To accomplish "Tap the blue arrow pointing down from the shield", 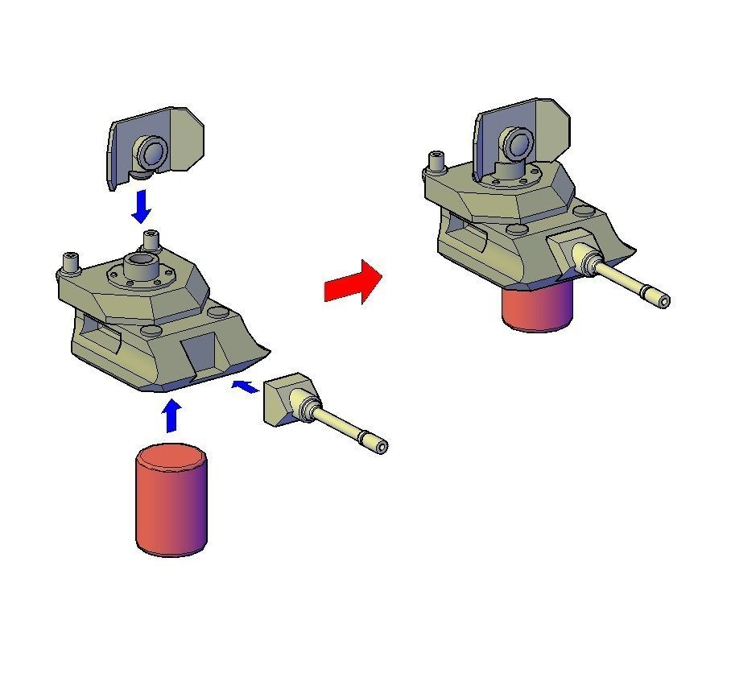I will click(x=142, y=207).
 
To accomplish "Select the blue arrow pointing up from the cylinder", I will click(x=171, y=415).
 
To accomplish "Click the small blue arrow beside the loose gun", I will click(x=245, y=387).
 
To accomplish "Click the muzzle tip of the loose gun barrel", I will click(x=382, y=446).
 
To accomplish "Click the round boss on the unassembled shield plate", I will click(x=150, y=151).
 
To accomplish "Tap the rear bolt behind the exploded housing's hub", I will click(x=151, y=239).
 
